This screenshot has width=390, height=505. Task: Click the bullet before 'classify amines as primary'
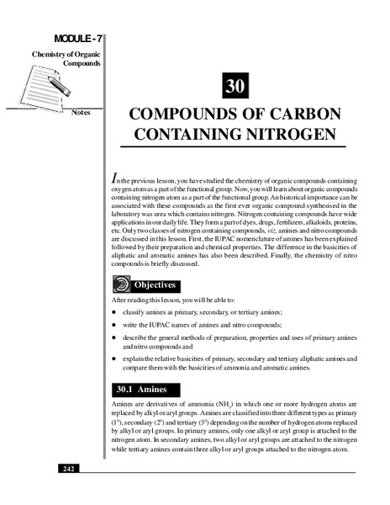point(114,312)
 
